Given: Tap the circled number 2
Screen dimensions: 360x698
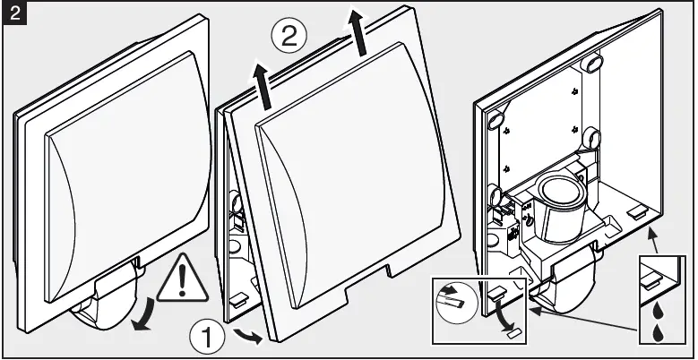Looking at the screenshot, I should [289, 38].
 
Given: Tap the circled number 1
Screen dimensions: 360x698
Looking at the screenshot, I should [207, 338].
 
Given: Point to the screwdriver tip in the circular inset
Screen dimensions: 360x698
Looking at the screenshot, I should [451, 293].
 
